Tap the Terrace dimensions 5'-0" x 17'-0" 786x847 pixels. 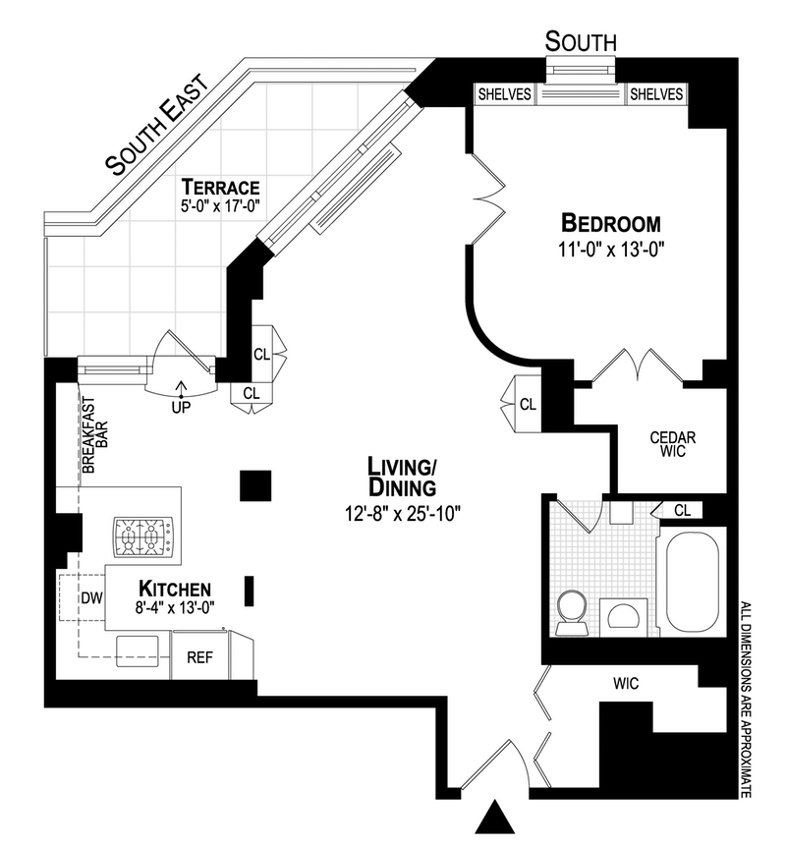[219, 207]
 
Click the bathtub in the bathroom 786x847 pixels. [694, 582]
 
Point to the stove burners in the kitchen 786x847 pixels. [139, 536]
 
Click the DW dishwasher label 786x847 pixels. [93, 596]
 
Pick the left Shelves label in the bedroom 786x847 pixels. [505, 94]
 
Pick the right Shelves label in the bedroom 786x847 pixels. [655, 94]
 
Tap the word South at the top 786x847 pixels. [581, 41]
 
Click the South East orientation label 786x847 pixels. [157, 126]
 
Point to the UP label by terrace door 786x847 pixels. [180, 404]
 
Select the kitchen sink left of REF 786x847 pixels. [139, 648]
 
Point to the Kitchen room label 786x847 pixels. [175, 589]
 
